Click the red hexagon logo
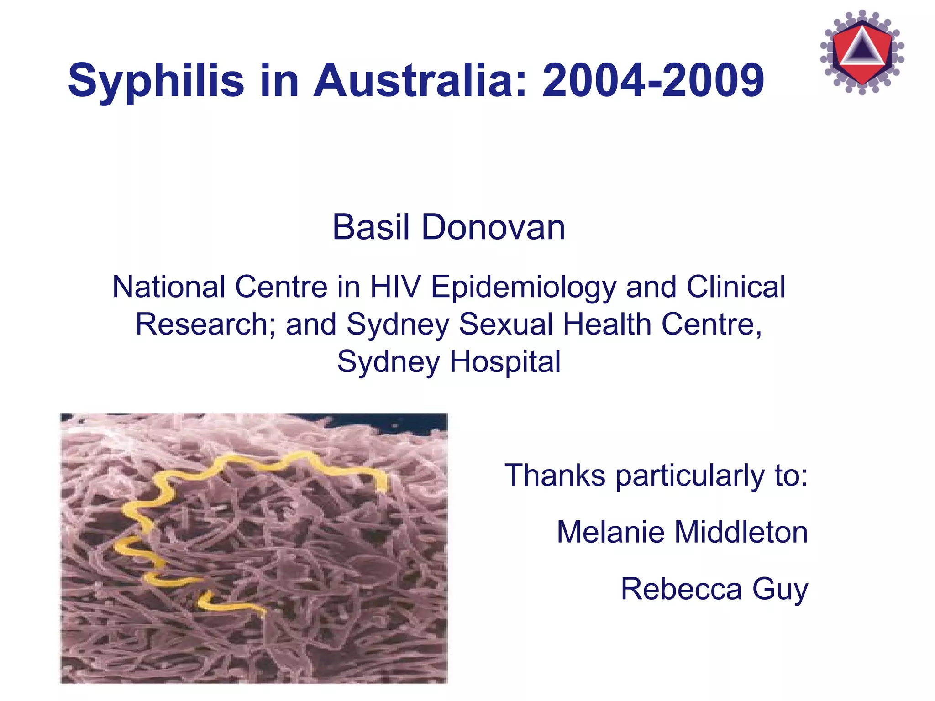(862, 52)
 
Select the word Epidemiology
(523, 288)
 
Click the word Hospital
(505, 361)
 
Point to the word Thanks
(555, 475)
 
